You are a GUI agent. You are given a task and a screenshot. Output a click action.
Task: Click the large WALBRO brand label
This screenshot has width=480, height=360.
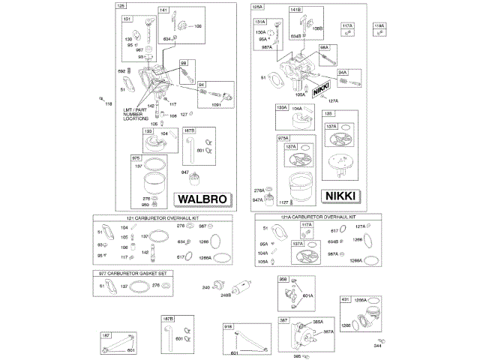[x=200, y=199]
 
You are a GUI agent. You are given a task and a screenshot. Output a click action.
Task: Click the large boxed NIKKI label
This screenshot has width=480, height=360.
[x=341, y=196]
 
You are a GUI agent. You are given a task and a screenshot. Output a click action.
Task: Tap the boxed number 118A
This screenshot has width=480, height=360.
[x=379, y=25]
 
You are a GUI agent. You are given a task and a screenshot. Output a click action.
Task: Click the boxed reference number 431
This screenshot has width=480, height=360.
[x=346, y=299]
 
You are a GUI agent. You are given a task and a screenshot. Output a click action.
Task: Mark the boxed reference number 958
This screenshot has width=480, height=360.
[x=283, y=280]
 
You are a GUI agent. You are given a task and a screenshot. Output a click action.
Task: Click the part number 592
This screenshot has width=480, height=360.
[x=121, y=71]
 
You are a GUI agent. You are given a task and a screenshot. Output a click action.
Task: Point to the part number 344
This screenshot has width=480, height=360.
[x=377, y=346]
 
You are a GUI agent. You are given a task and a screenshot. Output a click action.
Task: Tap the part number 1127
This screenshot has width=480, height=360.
[x=283, y=201]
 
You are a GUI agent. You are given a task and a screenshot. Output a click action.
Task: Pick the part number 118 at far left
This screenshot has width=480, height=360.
[x=108, y=103]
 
